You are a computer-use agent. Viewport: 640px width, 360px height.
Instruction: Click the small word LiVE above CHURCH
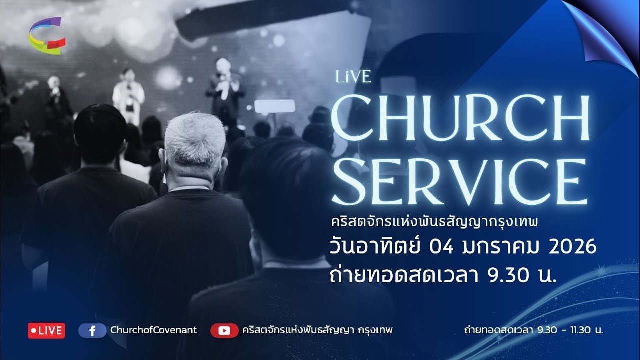pyautogui.click(x=353, y=77)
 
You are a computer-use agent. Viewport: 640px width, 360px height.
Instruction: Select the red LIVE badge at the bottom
pyautogui.click(x=46, y=330)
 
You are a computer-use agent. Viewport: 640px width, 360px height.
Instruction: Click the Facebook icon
pyautogui.click(x=92, y=330)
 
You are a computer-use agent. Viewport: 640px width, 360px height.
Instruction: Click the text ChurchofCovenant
pyautogui.click(x=153, y=330)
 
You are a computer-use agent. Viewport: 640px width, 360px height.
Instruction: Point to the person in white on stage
pyautogui.click(x=128, y=95)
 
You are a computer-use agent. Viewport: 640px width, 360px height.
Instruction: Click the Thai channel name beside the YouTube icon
pyautogui.click(x=317, y=330)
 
